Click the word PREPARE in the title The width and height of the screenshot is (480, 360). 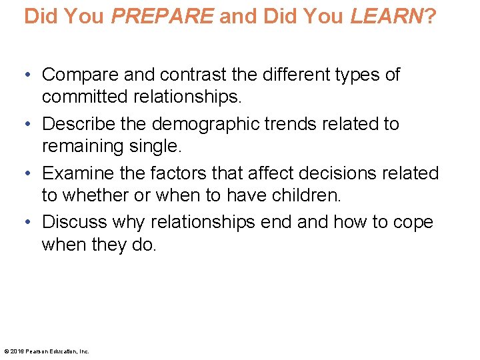pos(163,16)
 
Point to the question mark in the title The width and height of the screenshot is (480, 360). pos(430,16)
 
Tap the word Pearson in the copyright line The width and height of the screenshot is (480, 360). pos(36,351)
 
